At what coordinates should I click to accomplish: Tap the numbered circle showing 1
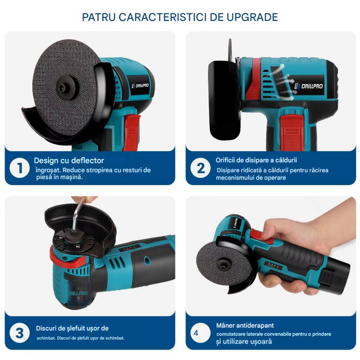tap(19, 168)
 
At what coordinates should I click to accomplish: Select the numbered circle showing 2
tap(200, 168)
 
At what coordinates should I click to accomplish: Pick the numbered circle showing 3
tap(19, 333)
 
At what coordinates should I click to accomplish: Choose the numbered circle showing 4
tap(200, 333)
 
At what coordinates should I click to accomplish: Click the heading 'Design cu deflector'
tap(69, 160)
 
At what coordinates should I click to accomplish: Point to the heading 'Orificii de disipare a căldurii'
tap(256, 160)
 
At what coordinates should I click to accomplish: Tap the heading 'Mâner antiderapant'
tap(245, 325)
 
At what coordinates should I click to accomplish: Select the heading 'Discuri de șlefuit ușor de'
tap(72, 328)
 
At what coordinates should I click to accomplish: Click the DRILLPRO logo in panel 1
tap(140, 86)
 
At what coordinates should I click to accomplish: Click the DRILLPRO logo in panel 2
tap(309, 86)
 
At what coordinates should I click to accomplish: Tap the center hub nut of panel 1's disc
tap(66, 86)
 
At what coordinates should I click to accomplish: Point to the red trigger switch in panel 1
tap(132, 132)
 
